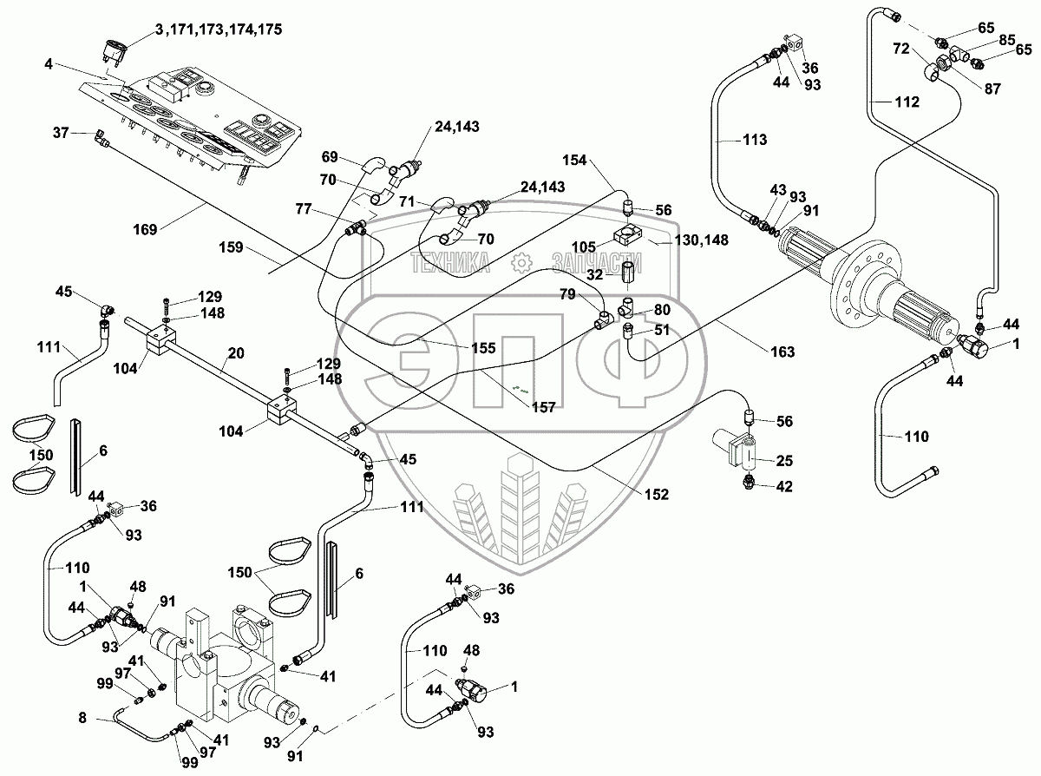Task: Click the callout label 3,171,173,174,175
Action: tap(219, 30)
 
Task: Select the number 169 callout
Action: tap(147, 229)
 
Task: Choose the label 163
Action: tap(782, 352)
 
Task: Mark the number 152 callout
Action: tap(657, 494)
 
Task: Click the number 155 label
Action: tap(482, 348)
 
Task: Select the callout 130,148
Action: tap(704, 240)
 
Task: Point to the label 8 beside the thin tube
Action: tap(82, 718)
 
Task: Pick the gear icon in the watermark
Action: tap(521, 261)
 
